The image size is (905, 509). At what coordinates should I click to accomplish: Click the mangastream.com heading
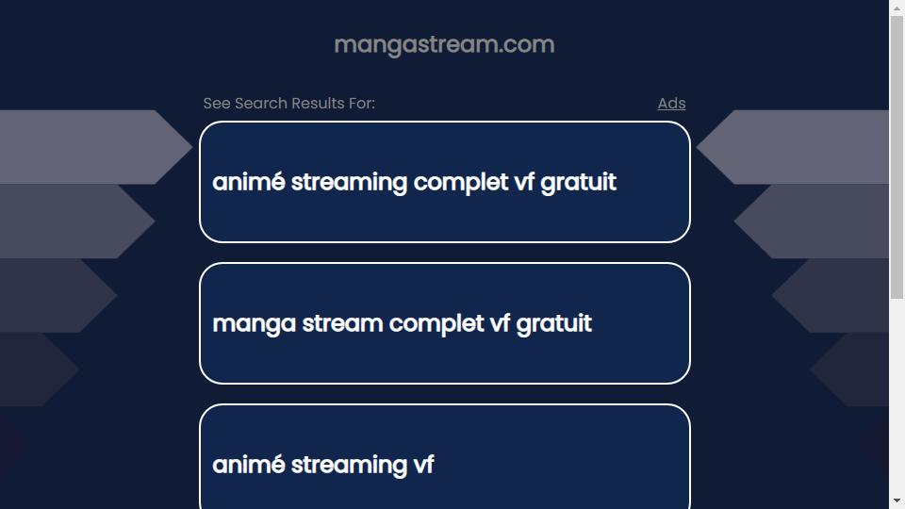tap(444, 44)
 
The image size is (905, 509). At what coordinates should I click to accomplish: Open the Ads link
tap(671, 104)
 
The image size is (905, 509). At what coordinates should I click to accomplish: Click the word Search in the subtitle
tap(261, 104)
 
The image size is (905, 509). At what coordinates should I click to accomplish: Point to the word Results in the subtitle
tap(318, 104)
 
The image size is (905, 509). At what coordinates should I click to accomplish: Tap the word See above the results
tap(217, 104)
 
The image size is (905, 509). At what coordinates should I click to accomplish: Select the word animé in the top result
tap(249, 182)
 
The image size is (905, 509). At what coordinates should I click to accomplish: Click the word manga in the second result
tap(255, 324)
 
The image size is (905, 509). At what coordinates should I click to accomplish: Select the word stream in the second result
tap(342, 323)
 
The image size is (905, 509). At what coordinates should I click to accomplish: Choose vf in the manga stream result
tap(500, 323)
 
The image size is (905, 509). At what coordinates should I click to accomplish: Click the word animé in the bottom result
tap(249, 465)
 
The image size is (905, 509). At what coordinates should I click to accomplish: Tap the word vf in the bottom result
tap(423, 465)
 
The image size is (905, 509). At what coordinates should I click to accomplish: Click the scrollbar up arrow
tap(897, 8)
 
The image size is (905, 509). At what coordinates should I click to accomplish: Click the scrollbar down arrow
tap(897, 501)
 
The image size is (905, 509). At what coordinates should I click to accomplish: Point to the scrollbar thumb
tap(897, 157)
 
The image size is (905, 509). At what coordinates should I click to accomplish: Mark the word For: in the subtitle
tap(362, 104)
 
